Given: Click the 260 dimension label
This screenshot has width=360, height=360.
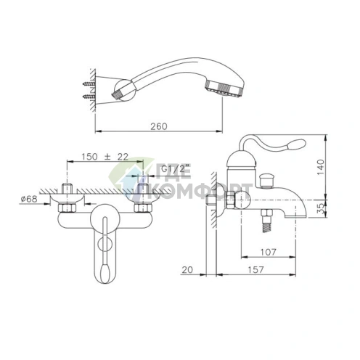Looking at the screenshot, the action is (159, 126).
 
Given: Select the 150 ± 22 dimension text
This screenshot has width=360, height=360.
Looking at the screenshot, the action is (105, 157).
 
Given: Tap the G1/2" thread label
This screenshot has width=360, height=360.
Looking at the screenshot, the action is (173, 169).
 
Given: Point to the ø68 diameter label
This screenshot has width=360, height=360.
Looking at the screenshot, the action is (29, 199).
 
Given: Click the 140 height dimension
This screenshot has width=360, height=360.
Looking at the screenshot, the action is (320, 167).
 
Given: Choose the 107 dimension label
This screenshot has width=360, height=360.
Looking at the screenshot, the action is (268, 252).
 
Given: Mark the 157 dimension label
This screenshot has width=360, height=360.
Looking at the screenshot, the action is (255, 269).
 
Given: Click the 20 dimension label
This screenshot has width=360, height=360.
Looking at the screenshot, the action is (187, 269).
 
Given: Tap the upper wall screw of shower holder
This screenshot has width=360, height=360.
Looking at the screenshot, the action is (89, 84).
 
